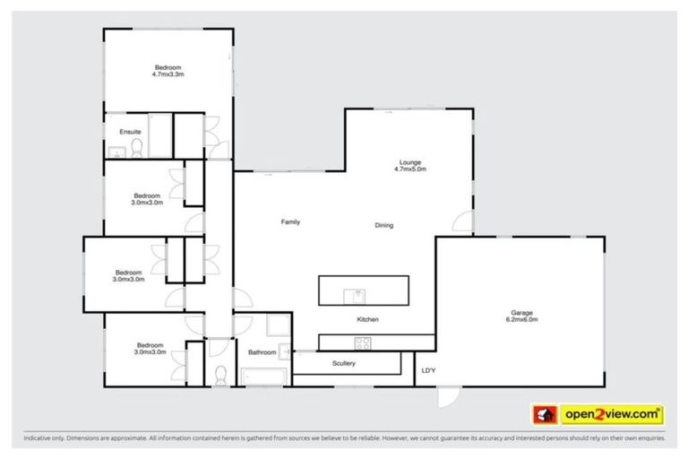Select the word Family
click(290, 221)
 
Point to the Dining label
click(383, 225)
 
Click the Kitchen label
click(367, 319)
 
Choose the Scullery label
click(344, 363)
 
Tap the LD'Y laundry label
click(428, 370)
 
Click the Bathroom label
click(262, 352)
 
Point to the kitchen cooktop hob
click(364, 342)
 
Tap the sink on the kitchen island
click(356, 293)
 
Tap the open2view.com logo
click(612, 414)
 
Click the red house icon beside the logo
click(545, 415)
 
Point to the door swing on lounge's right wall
click(462, 221)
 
